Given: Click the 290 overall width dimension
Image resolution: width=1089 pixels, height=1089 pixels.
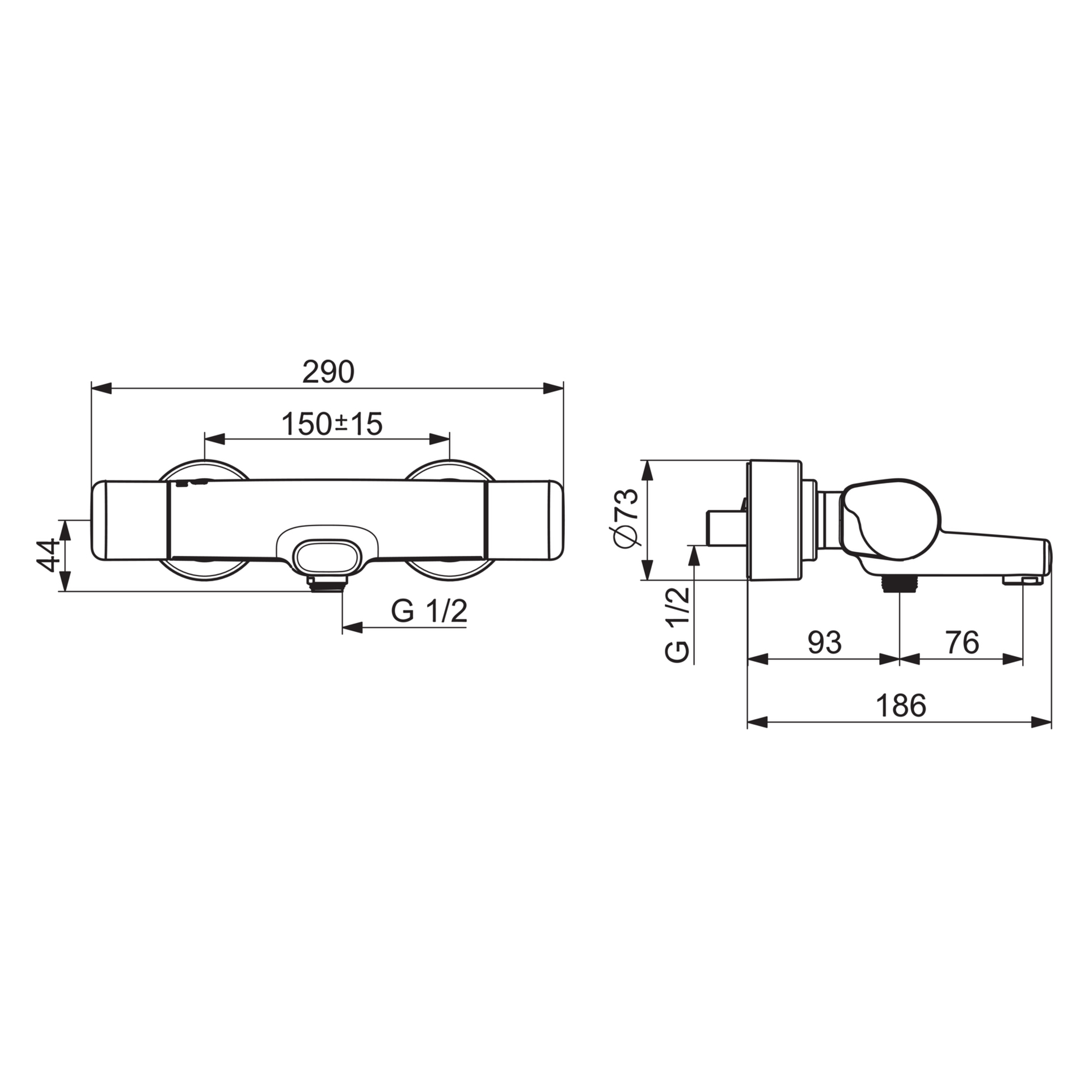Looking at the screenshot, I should tap(328, 373).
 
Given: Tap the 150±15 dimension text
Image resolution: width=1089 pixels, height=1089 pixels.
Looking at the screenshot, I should tap(332, 424).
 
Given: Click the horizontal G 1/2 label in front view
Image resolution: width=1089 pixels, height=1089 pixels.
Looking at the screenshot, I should tap(429, 611).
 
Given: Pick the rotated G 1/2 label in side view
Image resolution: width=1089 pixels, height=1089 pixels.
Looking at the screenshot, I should tap(677, 624).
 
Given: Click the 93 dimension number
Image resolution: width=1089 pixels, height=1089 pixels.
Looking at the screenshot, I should tap(824, 642).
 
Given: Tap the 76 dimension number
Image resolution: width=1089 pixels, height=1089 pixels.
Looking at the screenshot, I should tap(962, 642).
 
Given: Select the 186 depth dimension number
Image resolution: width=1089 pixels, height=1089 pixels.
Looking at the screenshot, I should tap(901, 706).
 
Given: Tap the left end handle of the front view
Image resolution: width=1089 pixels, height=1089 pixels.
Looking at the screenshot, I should tap(128, 520).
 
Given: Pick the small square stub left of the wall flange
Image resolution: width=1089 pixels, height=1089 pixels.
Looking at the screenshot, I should tap(726, 527).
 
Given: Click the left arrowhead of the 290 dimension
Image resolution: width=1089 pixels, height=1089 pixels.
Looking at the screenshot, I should tap(101, 388).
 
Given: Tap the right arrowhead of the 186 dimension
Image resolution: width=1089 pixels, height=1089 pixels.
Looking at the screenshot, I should tap(1041, 722).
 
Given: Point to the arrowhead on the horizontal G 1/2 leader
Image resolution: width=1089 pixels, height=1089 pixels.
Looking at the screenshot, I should tap(352, 627).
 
